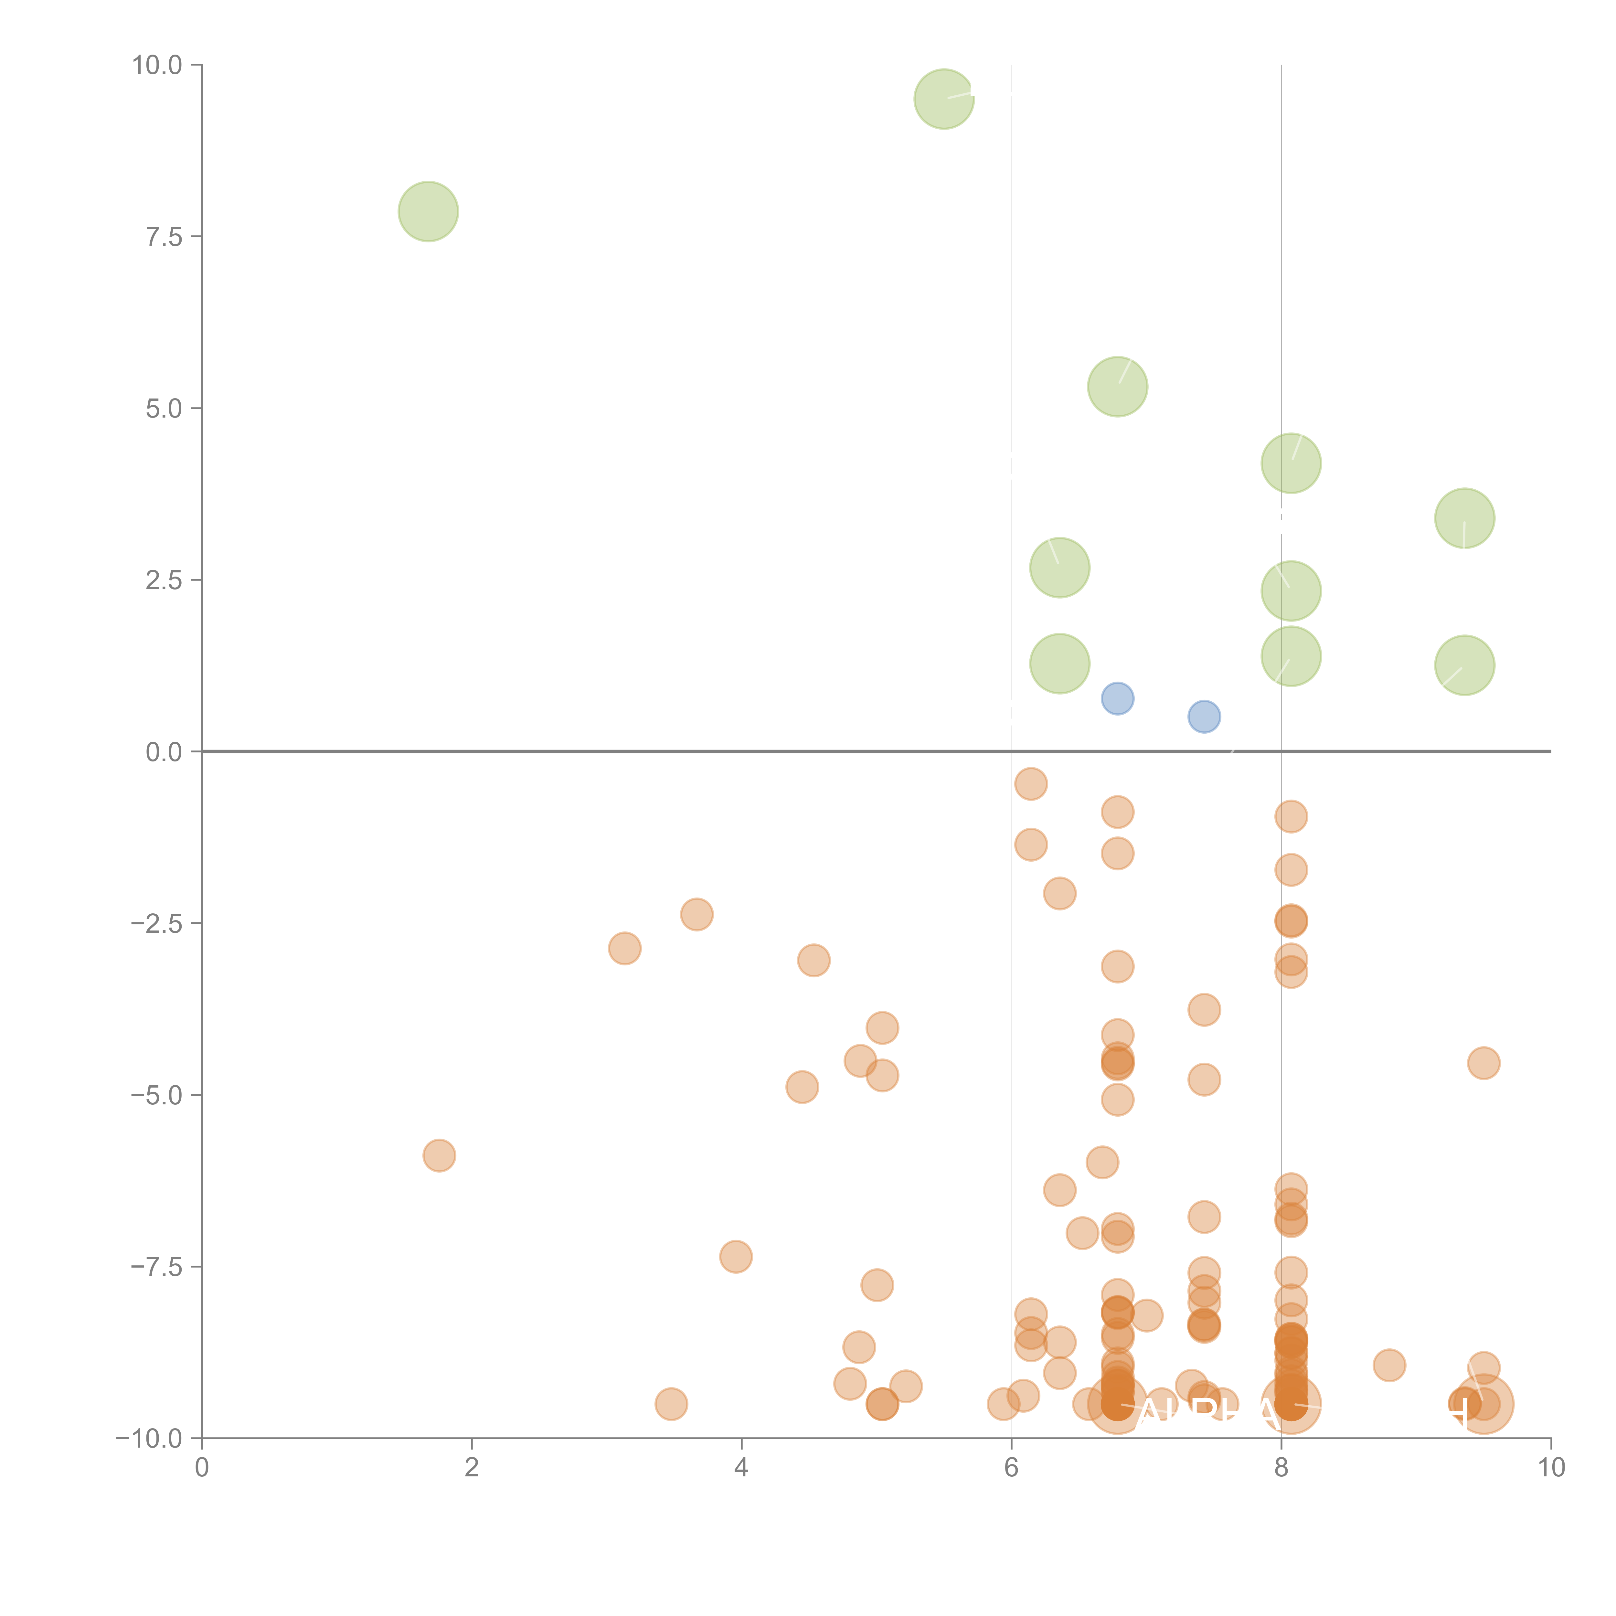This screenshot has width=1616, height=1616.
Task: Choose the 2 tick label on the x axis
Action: (x=472, y=1468)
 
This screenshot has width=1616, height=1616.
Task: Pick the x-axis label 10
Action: (x=1551, y=1468)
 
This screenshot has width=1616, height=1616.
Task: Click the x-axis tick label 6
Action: (x=1011, y=1468)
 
